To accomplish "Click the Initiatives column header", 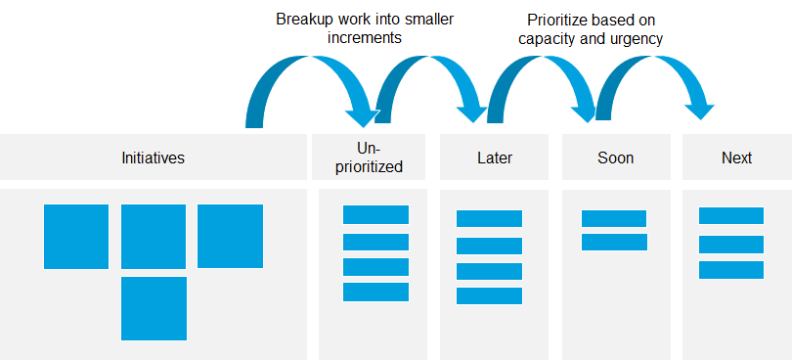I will [x=153, y=157].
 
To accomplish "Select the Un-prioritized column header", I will [x=369, y=157].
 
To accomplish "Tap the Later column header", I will [x=495, y=157].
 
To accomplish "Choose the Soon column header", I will [x=615, y=157].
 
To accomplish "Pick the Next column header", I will [x=736, y=157].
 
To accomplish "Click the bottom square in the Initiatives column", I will [x=154, y=308].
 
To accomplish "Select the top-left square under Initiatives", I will [x=76, y=236].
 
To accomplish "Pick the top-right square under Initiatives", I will [x=230, y=236].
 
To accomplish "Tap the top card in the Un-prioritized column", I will [x=375, y=215].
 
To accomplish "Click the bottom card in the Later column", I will [x=489, y=295].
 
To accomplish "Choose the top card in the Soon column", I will [x=614, y=218].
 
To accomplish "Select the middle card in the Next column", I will [x=731, y=244].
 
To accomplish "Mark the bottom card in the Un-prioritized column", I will [x=375, y=292].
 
